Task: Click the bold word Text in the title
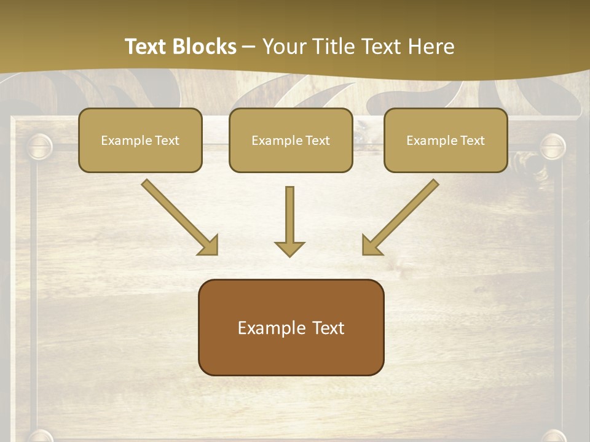147,47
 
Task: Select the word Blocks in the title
205,47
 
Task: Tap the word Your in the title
286,47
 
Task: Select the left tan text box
140,140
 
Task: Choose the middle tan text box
291,140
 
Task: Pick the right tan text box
446,140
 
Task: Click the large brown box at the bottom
291,327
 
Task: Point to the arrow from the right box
400,217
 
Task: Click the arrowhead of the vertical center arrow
289,248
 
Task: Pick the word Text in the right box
472,141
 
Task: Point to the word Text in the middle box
317,141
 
